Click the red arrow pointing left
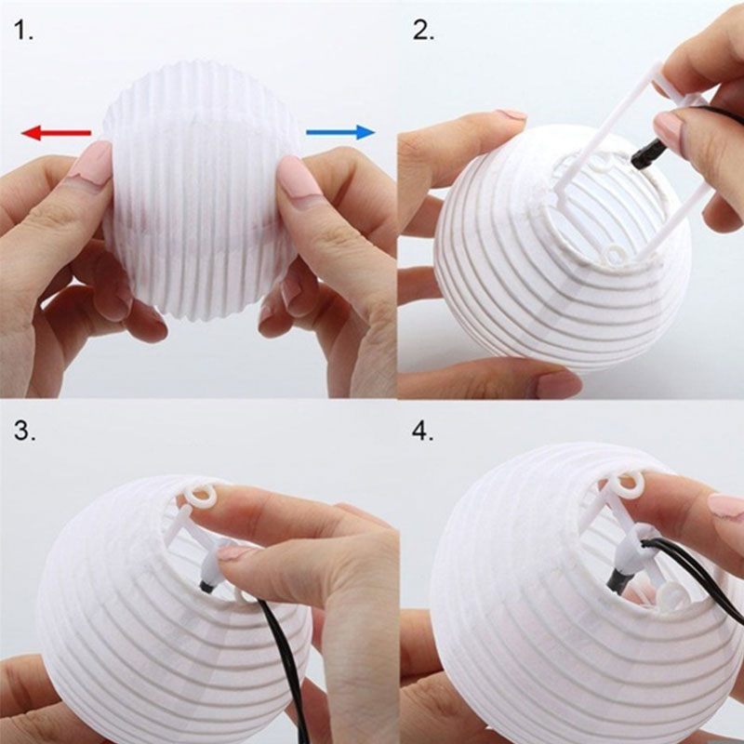point(56,133)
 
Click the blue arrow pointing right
point(340,132)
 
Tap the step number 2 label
point(423,31)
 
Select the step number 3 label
point(25,431)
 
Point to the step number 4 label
point(423,431)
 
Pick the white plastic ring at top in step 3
point(200,497)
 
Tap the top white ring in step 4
point(630,484)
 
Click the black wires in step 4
point(692,569)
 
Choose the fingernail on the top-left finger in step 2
point(509,114)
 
